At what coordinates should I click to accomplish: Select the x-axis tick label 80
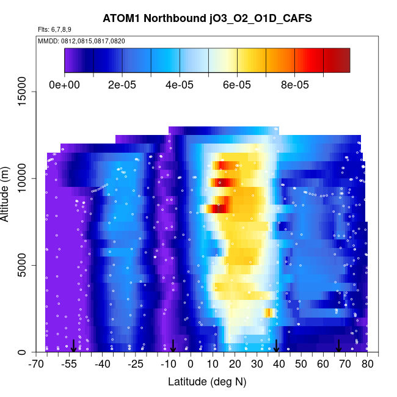(368, 365)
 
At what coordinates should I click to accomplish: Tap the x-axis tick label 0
(191, 365)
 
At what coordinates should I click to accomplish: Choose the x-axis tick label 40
(279, 365)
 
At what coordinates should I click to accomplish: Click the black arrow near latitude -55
(73, 346)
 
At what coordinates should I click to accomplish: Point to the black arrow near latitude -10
(173, 346)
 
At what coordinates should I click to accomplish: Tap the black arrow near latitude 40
(277, 346)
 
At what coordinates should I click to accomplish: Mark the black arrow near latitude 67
(338, 346)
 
